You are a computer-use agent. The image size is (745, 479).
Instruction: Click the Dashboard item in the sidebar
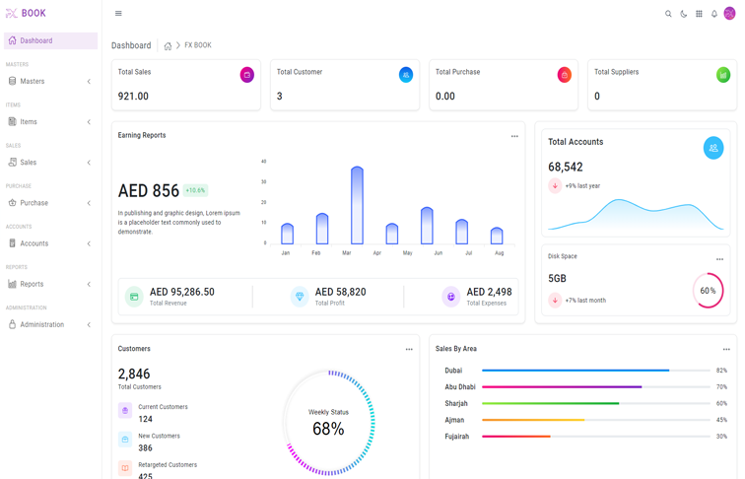(x=36, y=40)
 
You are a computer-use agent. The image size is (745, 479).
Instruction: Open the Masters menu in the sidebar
(x=33, y=81)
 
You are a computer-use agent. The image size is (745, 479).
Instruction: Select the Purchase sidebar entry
(x=34, y=203)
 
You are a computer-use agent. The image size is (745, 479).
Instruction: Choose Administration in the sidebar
(x=41, y=324)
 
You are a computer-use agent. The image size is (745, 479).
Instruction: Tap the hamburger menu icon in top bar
(x=118, y=14)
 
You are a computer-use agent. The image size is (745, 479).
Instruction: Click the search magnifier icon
(x=668, y=14)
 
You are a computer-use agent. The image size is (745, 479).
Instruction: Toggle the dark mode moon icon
(x=684, y=14)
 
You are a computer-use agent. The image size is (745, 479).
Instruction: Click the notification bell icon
(x=714, y=14)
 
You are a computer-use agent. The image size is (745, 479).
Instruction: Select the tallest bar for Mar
(x=357, y=205)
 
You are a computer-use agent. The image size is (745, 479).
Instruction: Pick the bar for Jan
(x=287, y=234)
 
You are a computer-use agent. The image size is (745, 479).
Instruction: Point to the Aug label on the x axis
(x=499, y=253)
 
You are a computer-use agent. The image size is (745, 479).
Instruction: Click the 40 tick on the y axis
(x=264, y=162)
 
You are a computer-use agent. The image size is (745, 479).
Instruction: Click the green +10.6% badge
(x=195, y=190)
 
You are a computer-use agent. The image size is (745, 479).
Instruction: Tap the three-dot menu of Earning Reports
(x=514, y=136)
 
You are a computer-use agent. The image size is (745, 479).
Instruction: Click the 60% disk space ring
(x=708, y=291)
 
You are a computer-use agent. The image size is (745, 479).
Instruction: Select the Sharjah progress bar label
(x=456, y=403)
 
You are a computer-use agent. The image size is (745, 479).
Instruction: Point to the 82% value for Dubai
(x=721, y=371)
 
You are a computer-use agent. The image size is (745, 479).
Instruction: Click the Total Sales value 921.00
(x=133, y=97)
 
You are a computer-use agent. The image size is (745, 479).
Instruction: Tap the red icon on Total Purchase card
(x=564, y=75)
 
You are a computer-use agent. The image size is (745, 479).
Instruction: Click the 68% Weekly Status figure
(x=328, y=429)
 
